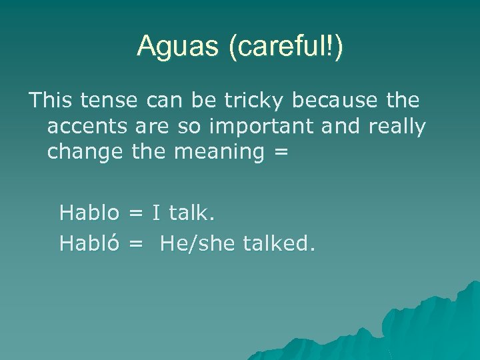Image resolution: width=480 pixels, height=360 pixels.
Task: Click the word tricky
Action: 257,101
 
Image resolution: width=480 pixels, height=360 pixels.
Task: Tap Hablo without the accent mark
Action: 89,213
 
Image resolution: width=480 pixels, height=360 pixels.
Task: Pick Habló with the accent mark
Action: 89,243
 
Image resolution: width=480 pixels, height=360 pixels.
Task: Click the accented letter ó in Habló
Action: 113,243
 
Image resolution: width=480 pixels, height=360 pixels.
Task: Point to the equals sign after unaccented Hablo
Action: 136,214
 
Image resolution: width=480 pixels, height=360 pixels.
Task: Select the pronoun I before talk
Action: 156,213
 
